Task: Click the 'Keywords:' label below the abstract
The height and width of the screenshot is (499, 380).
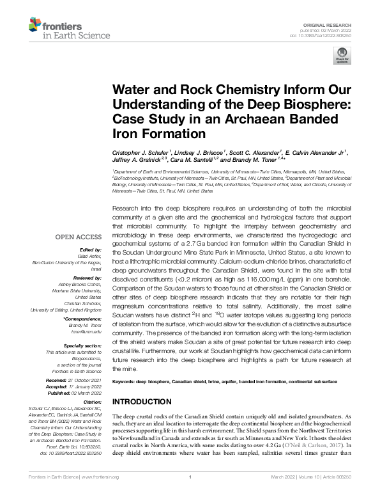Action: pos(125,381)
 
